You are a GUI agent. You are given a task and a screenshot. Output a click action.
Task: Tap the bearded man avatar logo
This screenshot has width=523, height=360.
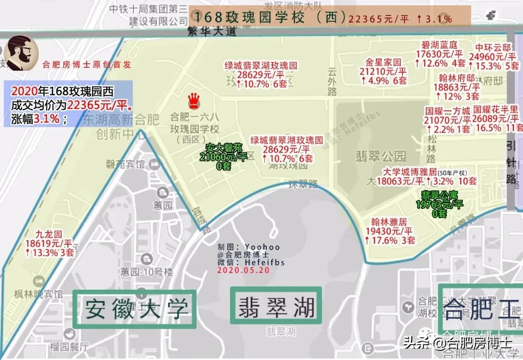(x=22, y=53)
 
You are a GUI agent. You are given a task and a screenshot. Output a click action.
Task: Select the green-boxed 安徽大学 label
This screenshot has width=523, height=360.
(x=135, y=309)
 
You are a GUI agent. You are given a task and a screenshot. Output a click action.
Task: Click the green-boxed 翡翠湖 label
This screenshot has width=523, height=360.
(x=276, y=306)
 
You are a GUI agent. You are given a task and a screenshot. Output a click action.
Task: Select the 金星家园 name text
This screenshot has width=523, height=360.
(x=384, y=63)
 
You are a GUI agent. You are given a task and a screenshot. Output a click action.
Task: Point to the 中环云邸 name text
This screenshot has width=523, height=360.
(x=492, y=47)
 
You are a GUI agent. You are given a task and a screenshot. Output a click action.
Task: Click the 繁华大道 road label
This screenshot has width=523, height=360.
(x=213, y=32)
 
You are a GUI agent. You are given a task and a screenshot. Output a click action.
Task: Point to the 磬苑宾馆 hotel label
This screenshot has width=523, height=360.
(x=126, y=165)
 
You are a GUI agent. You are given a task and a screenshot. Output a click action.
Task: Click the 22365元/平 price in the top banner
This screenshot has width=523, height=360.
(x=373, y=18)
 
